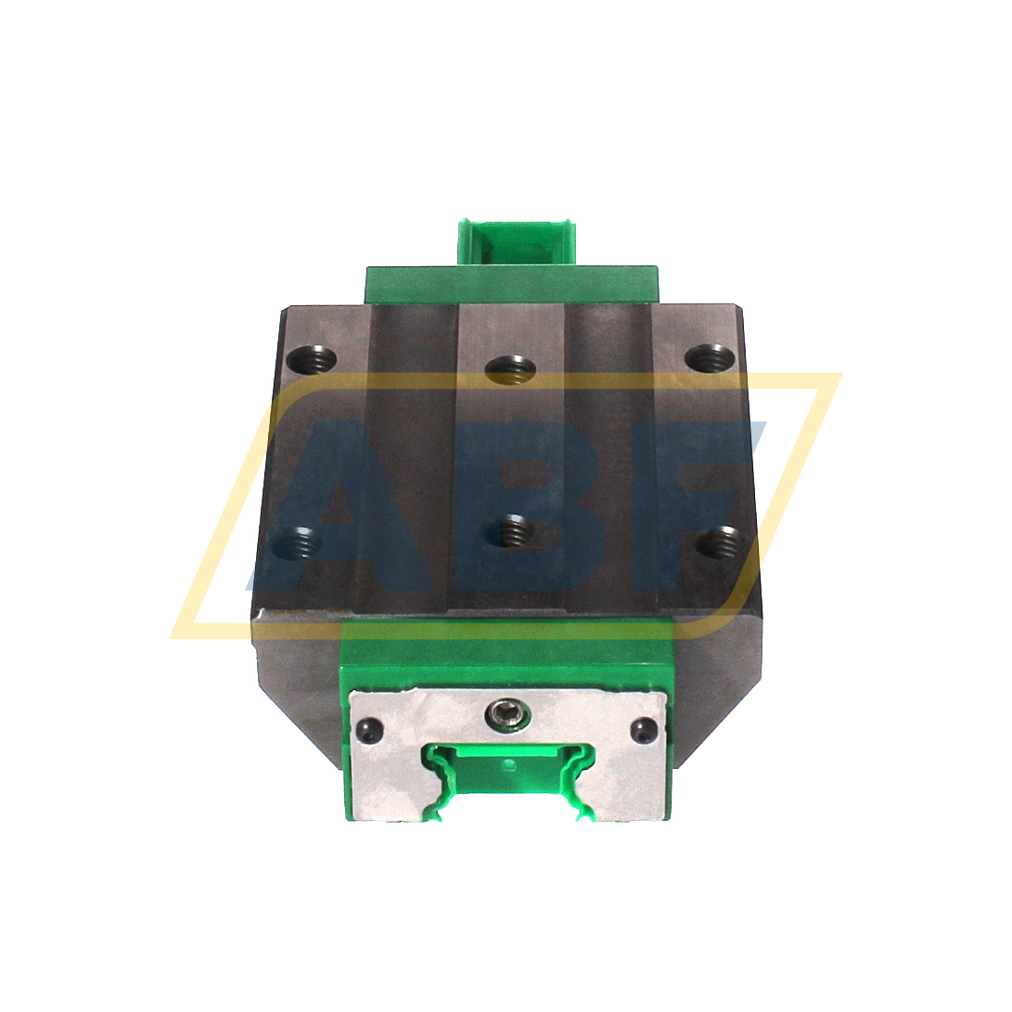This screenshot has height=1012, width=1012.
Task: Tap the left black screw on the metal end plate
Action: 369,730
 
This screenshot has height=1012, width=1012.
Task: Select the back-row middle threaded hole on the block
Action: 509,369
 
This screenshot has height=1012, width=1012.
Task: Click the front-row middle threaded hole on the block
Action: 508,533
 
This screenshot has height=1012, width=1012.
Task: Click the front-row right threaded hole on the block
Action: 720,541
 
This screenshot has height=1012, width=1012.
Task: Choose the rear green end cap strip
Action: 511,283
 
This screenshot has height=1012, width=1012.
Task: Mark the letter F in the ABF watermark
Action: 686,501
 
